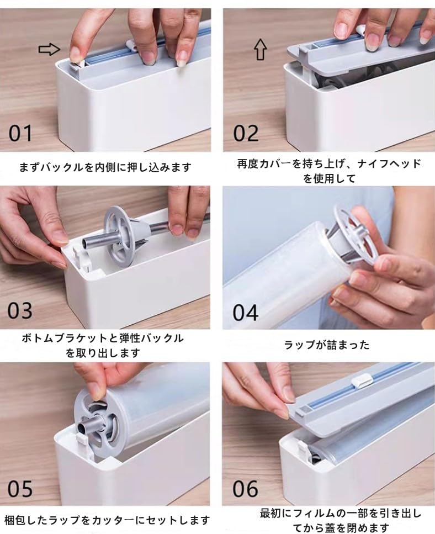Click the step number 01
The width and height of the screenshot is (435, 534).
coord(20,133)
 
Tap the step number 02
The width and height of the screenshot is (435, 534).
coord(246,133)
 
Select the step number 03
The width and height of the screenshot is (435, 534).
coord(20,310)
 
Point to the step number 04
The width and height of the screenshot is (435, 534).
coord(246,311)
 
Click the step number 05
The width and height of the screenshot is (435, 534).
coord(20,489)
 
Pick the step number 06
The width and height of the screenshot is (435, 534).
coord(246,489)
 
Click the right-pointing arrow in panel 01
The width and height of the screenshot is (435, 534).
coord(49,50)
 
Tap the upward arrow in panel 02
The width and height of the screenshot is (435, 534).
coord(260,50)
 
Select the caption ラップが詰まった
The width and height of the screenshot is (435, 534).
coord(327,345)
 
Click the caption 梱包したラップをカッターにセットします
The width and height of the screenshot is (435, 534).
coord(107,520)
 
